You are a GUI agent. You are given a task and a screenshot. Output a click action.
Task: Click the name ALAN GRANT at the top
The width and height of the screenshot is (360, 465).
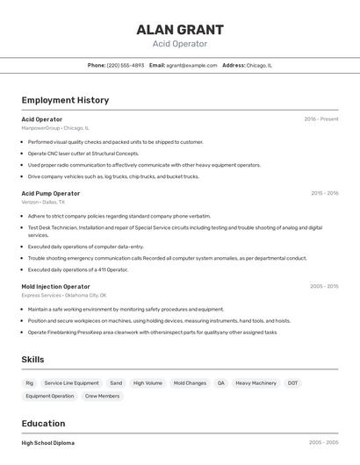pyautogui.click(x=179, y=29)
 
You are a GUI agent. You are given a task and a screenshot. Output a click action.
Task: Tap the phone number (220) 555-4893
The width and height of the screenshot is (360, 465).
pyautogui.click(x=126, y=65)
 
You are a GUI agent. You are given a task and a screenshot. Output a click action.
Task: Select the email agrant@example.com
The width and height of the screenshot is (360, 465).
pyautogui.click(x=191, y=65)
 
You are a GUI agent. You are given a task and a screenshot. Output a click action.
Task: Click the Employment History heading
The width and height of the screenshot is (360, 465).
pyautogui.click(x=65, y=100)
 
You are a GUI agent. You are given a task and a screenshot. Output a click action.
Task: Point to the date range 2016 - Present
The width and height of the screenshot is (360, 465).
pyautogui.click(x=320, y=118)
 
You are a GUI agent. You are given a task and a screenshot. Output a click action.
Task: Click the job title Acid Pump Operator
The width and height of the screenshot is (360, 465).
pyautogui.click(x=50, y=193)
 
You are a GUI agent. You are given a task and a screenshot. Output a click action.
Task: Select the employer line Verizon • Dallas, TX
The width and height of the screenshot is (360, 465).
pyautogui.click(x=43, y=202)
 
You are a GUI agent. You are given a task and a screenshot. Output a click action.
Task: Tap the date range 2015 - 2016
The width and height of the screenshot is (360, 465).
pyautogui.click(x=324, y=193)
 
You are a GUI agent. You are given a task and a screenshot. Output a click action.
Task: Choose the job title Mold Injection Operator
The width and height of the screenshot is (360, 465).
pyautogui.click(x=55, y=286)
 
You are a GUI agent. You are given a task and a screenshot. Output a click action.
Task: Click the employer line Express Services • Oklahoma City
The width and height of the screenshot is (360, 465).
pyautogui.click(x=64, y=295)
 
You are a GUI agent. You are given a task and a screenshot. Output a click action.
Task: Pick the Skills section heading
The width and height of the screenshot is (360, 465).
pyautogui.click(x=33, y=360)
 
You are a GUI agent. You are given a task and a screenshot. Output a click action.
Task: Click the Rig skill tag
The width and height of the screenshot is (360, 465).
pyautogui.click(x=29, y=383)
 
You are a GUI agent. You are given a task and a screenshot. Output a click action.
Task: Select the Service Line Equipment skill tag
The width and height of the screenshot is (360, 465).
pyautogui.click(x=71, y=383)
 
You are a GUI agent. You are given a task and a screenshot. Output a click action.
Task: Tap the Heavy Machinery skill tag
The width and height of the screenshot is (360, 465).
pyautogui.click(x=256, y=383)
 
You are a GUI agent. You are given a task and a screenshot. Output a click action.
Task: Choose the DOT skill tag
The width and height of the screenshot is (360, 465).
pyautogui.click(x=292, y=383)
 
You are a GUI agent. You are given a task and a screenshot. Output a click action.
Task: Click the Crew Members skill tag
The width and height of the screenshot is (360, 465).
pyautogui.click(x=102, y=397)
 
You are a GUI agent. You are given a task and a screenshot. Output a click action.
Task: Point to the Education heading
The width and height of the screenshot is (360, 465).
pyautogui.click(x=43, y=424)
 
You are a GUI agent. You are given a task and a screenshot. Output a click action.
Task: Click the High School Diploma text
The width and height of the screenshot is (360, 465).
pyautogui.click(x=47, y=443)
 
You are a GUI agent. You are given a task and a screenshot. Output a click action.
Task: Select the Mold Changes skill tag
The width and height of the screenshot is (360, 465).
pyautogui.click(x=190, y=383)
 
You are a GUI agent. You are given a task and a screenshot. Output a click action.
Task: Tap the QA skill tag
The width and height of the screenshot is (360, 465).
pyautogui.click(x=221, y=383)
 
